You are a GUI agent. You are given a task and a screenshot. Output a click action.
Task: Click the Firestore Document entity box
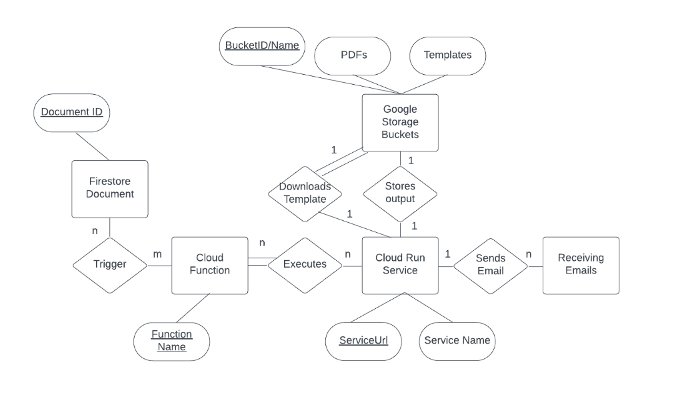coord(109,189)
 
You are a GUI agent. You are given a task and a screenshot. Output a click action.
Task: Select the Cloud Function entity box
coord(209,265)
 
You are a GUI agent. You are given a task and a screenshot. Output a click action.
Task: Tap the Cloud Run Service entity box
coord(400,265)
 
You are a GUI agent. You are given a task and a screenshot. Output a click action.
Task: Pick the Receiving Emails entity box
coord(581,265)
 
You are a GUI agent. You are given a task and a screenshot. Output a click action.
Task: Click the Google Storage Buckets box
coord(400,122)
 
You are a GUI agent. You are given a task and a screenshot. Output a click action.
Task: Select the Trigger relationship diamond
coord(110,265)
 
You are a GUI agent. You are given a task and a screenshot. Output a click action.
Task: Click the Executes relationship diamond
coord(305,265)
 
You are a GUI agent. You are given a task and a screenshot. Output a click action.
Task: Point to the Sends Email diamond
coord(491,265)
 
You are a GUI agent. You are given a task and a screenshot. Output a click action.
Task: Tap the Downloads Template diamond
coord(305,193)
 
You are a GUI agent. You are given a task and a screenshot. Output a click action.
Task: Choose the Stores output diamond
coord(400,193)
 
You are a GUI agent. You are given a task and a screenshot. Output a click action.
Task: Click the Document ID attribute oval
coord(72,113)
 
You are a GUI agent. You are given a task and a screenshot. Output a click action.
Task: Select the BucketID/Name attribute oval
coord(262,46)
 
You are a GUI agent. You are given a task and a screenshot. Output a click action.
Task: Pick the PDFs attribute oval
coord(353,55)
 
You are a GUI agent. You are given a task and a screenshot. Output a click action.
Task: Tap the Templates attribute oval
coord(447,55)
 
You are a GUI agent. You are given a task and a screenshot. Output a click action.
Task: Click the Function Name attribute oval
coord(171,341)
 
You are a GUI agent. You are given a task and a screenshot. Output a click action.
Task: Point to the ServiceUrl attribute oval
coord(363,341)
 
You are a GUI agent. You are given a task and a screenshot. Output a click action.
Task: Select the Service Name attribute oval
coord(457,341)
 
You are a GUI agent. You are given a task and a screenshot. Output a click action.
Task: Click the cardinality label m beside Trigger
coord(157,254)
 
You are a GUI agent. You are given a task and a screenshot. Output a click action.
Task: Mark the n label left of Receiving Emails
coord(529,254)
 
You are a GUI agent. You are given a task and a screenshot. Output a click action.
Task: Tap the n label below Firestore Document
coord(95,231)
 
